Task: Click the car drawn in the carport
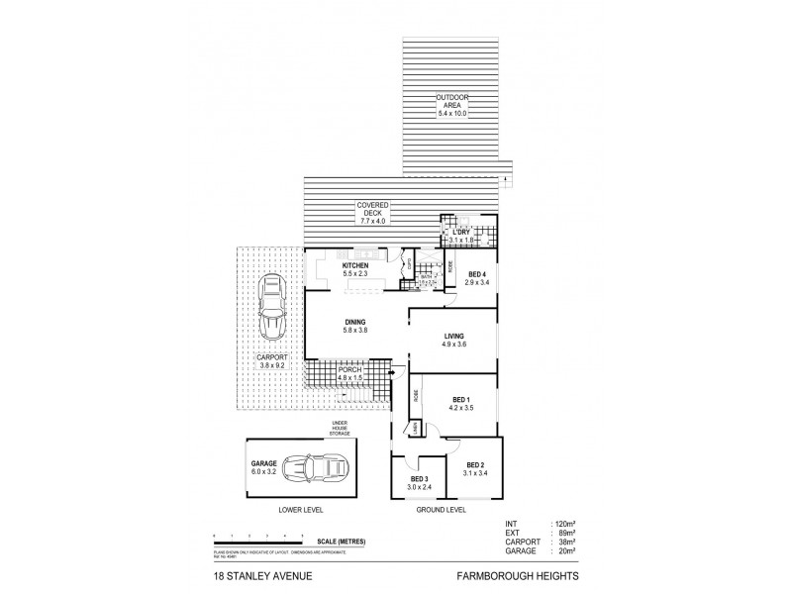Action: (270, 308)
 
